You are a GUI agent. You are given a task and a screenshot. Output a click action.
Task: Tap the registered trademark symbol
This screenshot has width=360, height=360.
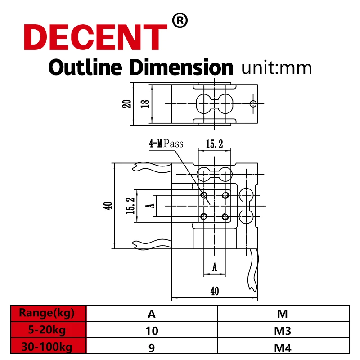180,21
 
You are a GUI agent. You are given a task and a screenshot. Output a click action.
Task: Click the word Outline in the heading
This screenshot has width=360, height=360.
85,67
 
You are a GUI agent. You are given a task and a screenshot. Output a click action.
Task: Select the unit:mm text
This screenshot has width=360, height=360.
276,68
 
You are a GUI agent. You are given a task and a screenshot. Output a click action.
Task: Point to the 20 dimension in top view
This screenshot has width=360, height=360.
127,103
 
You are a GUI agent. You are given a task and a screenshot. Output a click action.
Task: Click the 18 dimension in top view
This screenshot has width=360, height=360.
145,103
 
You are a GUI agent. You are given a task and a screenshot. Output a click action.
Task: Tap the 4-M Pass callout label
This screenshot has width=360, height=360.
166,144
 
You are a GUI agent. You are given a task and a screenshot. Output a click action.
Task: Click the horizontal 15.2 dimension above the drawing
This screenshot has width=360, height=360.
215,144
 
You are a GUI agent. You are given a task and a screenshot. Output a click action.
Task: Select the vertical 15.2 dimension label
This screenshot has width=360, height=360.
130,206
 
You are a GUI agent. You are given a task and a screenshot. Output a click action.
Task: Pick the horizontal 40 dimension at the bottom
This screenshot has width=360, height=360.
215,291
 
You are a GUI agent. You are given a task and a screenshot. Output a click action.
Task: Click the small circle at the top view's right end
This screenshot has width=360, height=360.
253,104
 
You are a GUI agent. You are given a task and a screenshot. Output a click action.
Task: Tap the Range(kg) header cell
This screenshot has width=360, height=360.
47,313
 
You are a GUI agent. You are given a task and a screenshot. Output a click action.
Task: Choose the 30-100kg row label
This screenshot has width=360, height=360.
47,346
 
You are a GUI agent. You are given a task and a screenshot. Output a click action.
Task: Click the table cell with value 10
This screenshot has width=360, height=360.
152,331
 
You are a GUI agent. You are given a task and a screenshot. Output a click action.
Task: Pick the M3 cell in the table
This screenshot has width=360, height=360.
283,331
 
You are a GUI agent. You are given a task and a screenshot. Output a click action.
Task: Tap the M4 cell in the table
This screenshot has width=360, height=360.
283,347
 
